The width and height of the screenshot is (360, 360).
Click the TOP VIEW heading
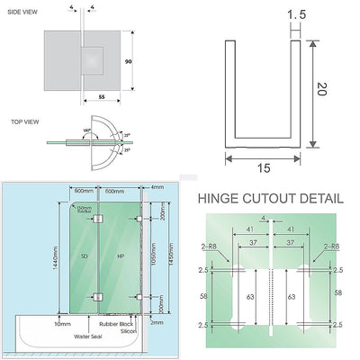pos(23,120)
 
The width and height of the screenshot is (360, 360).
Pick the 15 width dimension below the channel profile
pos(263,168)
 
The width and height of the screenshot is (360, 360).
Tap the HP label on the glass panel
pos(120,257)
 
